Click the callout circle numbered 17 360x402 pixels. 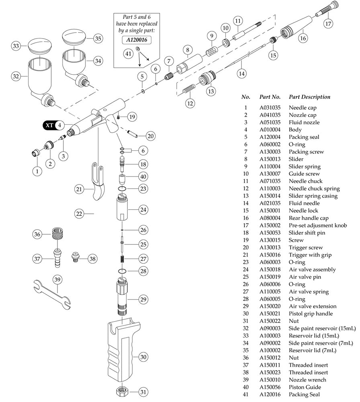328,23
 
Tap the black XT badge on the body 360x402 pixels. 49,125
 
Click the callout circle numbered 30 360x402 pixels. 144,357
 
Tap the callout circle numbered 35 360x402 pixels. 98,39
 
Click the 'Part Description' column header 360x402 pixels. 309,97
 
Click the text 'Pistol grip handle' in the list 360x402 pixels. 311,314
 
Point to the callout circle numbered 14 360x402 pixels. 241,74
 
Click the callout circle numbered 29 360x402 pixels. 143,299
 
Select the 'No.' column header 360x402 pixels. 245,97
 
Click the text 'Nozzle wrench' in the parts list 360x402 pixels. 307,380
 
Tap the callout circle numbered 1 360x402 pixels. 37,171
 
